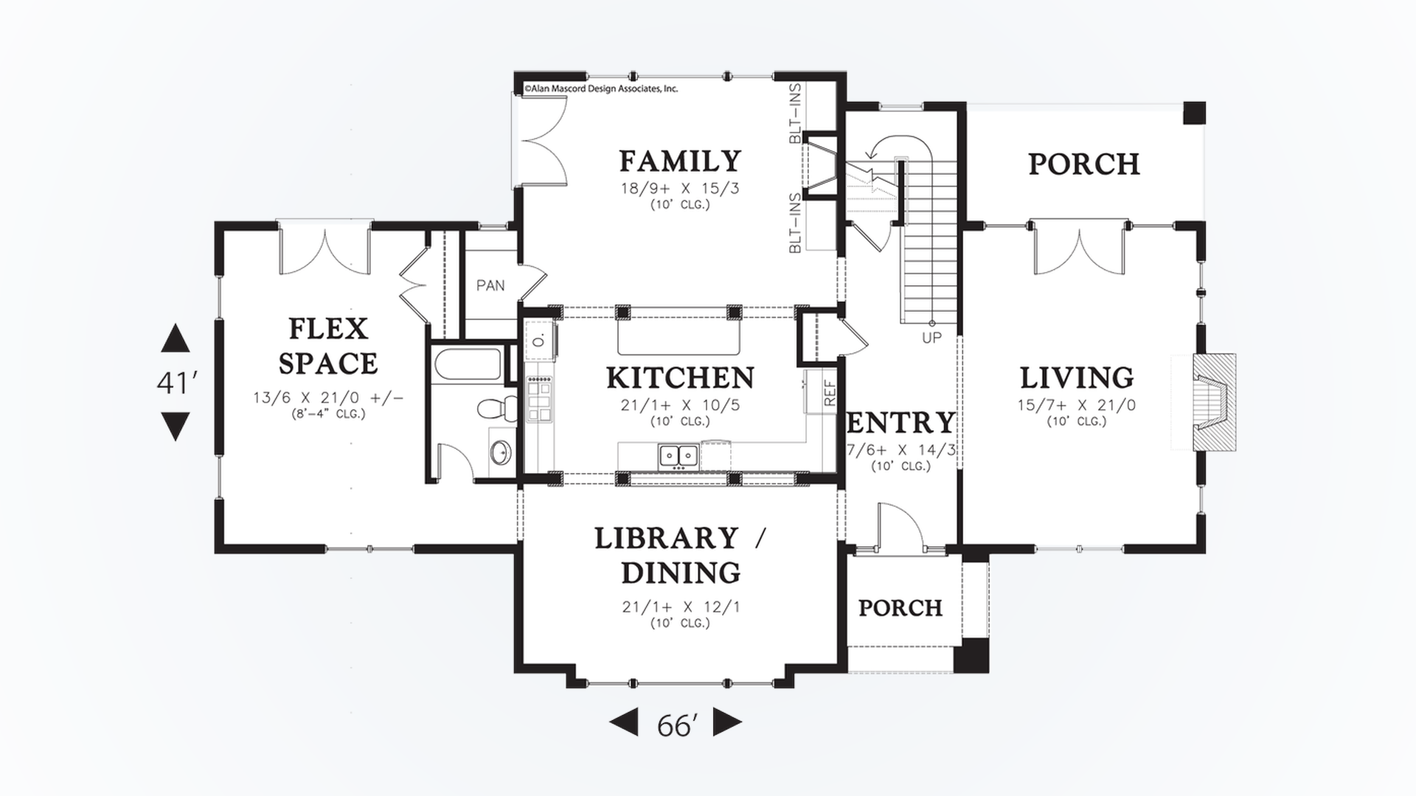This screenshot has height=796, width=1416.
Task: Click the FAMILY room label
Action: pyautogui.click(x=679, y=161)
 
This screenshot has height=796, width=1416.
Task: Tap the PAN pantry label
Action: pyautogui.click(x=490, y=285)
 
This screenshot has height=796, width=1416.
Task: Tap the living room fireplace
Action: pyautogui.click(x=1209, y=402)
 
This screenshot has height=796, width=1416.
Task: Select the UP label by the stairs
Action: pyautogui.click(x=931, y=338)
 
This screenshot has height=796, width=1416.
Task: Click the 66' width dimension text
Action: pyautogui.click(x=676, y=726)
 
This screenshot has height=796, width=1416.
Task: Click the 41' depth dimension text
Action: pyautogui.click(x=176, y=383)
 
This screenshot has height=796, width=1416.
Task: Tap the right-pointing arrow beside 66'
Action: pyautogui.click(x=726, y=723)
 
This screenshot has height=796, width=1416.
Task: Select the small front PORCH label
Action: pyautogui.click(x=900, y=608)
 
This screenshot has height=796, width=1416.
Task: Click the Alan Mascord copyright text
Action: pyautogui.click(x=600, y=88)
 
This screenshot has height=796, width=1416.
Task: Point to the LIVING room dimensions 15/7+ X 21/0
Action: pyautogui.click(x=1077, y=405)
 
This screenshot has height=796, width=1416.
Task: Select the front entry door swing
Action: pyautogui.click(x=900, y=525)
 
